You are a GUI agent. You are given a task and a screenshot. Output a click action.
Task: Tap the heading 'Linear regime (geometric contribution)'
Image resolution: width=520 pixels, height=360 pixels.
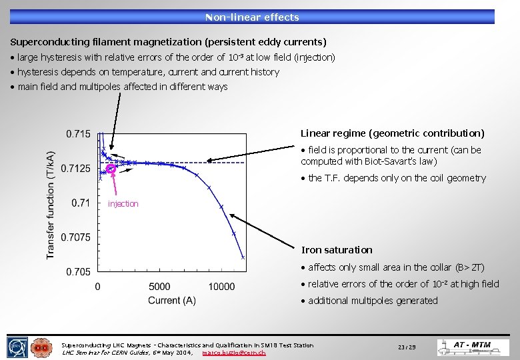tap(393, 133)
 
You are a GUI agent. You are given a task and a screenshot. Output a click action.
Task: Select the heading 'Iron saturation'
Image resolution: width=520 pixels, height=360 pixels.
tap(337, 250)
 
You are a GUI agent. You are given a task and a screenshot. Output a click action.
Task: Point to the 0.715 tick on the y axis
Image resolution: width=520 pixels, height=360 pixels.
tap(78, 134)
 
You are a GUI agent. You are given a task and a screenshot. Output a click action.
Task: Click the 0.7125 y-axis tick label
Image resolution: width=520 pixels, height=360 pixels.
tap(75, 169)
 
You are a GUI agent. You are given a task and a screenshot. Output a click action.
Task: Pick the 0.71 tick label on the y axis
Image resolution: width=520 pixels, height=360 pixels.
tap(81, 203)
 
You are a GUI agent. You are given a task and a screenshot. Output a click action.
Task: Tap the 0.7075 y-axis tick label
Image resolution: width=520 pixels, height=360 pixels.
tap(75, 237)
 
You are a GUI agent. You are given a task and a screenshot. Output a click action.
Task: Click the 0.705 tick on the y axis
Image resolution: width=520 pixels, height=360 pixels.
tap(78, 271)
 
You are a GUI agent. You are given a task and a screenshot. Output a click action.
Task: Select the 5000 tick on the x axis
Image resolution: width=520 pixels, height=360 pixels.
tap(159, 287)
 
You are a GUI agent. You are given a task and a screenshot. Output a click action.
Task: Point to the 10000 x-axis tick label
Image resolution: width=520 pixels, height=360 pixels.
tap(221, 287)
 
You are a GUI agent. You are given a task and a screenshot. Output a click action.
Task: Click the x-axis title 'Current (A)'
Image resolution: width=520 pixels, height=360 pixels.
tap(172, 301)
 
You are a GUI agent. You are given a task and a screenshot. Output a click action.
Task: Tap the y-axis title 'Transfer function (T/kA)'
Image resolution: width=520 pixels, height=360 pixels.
tap(51, 203)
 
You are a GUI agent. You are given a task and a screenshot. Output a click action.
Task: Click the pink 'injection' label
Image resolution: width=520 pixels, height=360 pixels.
tap(123, 204)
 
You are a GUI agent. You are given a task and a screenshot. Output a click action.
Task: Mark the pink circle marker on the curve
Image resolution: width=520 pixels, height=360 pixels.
tap(111, 169)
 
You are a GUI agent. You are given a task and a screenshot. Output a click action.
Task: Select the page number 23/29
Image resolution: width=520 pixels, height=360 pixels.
tap(407, 347)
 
